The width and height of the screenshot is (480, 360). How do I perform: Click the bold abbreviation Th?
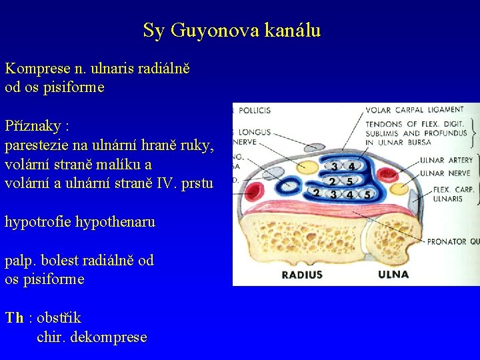(14, 318)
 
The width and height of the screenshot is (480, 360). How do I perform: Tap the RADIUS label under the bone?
(302, 275)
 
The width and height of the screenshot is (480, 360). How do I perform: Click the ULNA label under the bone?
(393, 275)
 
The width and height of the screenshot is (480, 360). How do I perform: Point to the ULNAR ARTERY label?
(446, 160)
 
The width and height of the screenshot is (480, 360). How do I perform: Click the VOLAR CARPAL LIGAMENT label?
(414, 109)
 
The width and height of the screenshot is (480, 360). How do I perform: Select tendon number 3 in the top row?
(333, 166)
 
